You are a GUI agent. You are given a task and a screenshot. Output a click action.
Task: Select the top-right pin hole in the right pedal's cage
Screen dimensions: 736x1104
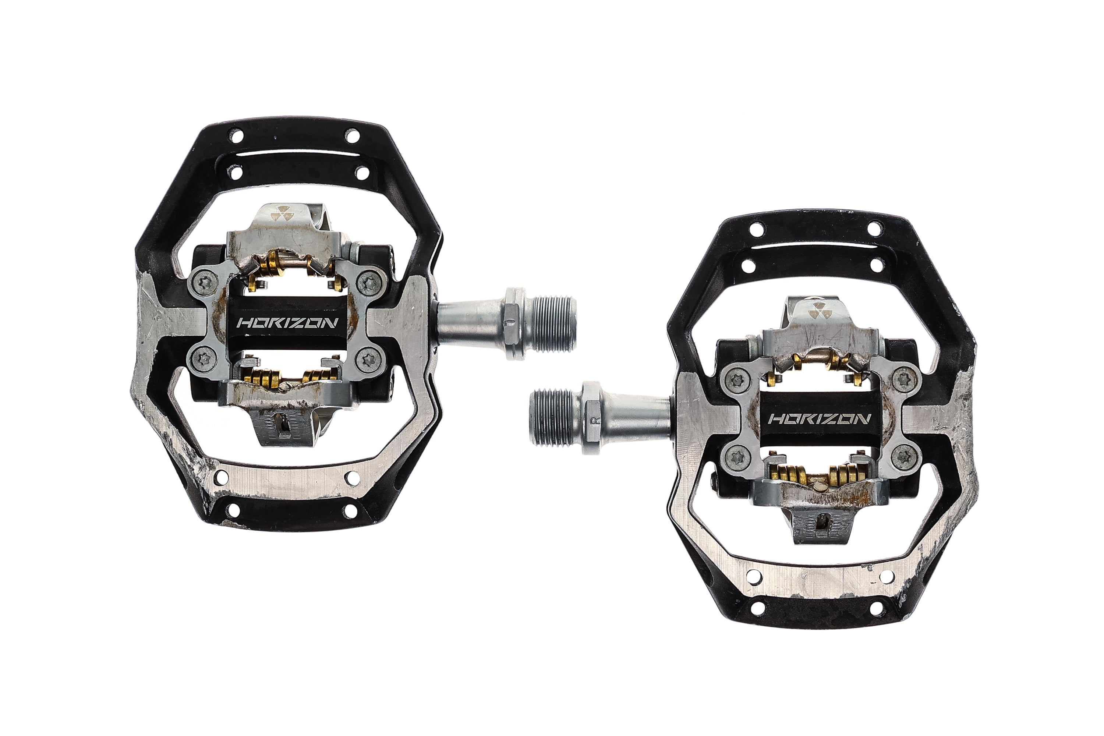tap(874, 230)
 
